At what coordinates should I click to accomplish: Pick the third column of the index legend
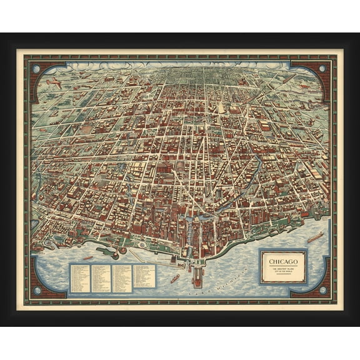click(x=122, y=276)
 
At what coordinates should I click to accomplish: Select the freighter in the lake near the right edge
click(x=316, y=237)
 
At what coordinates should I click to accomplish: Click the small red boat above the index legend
click(x=87, y=257)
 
